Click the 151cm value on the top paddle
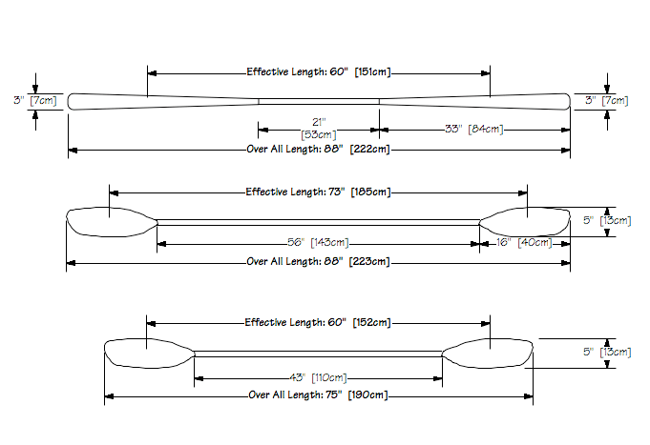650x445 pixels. (x=372, y=72)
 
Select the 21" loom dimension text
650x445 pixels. (x=319, y=122)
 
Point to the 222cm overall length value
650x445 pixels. (x=369, y=150)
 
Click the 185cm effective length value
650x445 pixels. (x=371, y=192)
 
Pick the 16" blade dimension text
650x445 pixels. (x=502, y=243)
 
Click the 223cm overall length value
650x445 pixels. (x=369, y=262)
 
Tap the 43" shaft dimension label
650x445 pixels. (x=298, y=377)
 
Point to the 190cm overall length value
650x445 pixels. (x=367, y=394)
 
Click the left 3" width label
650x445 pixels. (x=17, y=100)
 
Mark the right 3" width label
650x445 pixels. (x=590, y=100)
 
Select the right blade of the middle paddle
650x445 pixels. (x=525, y=223)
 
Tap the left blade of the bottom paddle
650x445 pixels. (x=149, y=354)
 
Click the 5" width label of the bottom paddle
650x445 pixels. (x=588, y=353)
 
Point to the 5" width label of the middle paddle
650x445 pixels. (x=588, y=221)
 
